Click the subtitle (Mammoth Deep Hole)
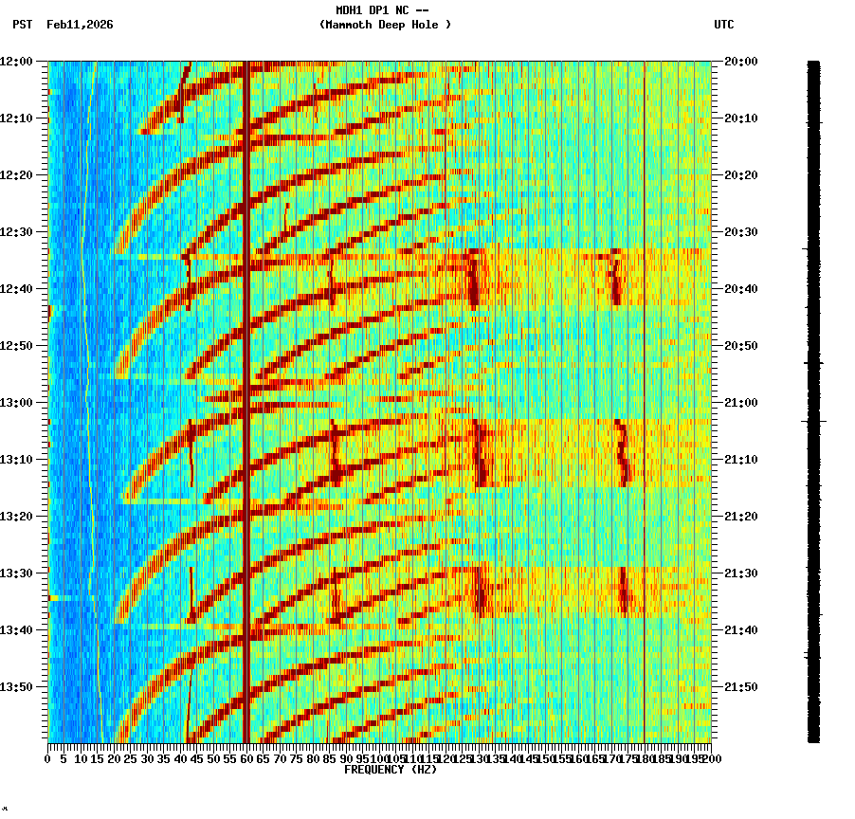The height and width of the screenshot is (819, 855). [x=385, y=25]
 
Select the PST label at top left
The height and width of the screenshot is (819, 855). [x=22, y=25]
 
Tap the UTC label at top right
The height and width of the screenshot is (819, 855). [x=724, y=25]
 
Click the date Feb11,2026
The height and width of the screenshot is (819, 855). [x=80, y=25]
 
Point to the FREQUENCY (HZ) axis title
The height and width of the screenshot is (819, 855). [x=391, y=770]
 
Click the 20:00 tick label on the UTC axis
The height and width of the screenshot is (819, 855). [x=741, y=62]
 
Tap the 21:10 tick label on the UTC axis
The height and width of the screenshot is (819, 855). [x=741, y=460]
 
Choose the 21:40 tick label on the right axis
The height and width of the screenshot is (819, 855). [x=741, y=630]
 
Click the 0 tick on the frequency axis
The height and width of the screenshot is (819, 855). [x=48, y=759]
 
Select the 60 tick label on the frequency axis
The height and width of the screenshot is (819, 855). [x=246, y=759]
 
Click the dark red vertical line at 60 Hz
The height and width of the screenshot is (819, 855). [x=246, y=379]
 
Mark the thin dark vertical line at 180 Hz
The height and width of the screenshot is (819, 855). [x=645, y=379]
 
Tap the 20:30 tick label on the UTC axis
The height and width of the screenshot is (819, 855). [x=741, y=232]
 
